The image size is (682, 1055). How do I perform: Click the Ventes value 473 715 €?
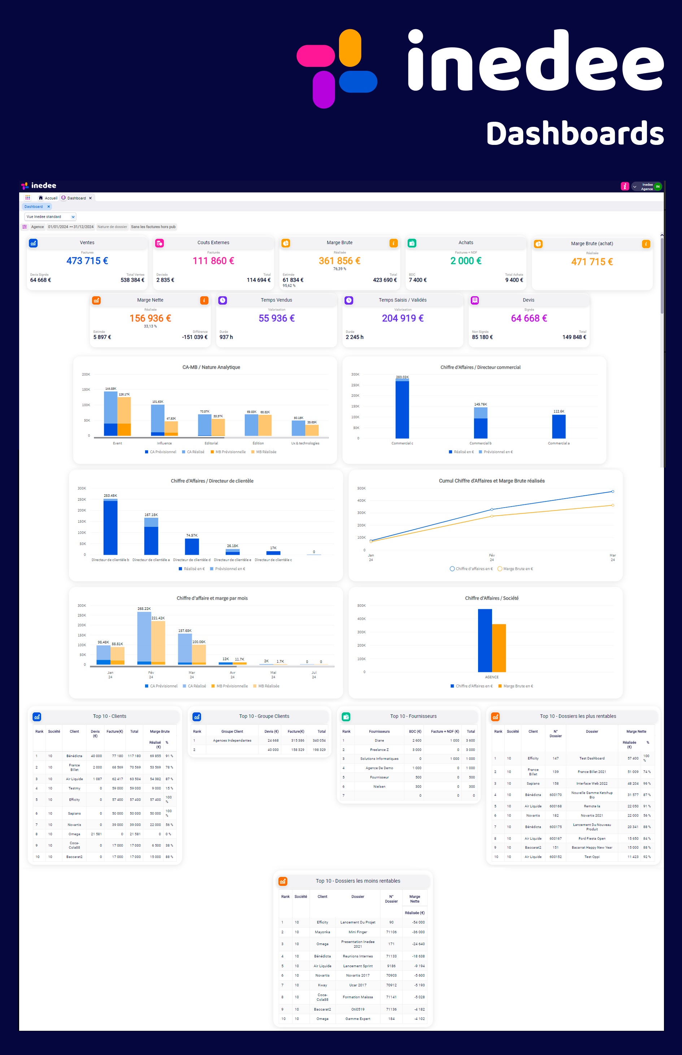pyautogui.click(x=87, y=260)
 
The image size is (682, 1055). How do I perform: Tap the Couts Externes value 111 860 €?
pyautogui.click(x=213, y=260)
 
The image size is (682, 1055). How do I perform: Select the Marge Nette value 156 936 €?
pyautogui.click(x=150, y=318)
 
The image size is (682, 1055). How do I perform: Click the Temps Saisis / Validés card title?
pyautogui.click(x=402, y=300)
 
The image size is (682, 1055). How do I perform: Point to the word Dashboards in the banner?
pyautogui.click(x=574, y=134)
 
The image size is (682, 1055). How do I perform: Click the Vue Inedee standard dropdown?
pyautogui.click(x=50, y=217)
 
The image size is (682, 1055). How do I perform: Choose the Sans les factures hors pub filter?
pyautogui.click(x=153, y=227)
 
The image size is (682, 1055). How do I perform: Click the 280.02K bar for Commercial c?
pyautogui.click(x=402, y=410)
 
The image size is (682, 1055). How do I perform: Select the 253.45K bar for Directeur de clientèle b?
pyautogui.click(x=110, y=527)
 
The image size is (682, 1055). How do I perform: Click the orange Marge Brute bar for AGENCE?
pyautogui.click(x=499, y=648)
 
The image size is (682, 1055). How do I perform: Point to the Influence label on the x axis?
pyautogui.click(x=164, y=443)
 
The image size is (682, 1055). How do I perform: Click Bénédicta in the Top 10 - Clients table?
pyautogui.click(x=74, y=756)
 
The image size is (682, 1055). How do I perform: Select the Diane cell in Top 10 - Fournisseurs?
pyautogui.click(x=379, y=740)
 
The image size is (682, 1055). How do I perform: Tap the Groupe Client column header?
pyautogui.click(x=232, y=732)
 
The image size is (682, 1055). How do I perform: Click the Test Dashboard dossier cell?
pyautogui.click(x=592, y=758)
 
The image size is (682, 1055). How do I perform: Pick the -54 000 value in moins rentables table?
pyautogui.click(x=418, y=922)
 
